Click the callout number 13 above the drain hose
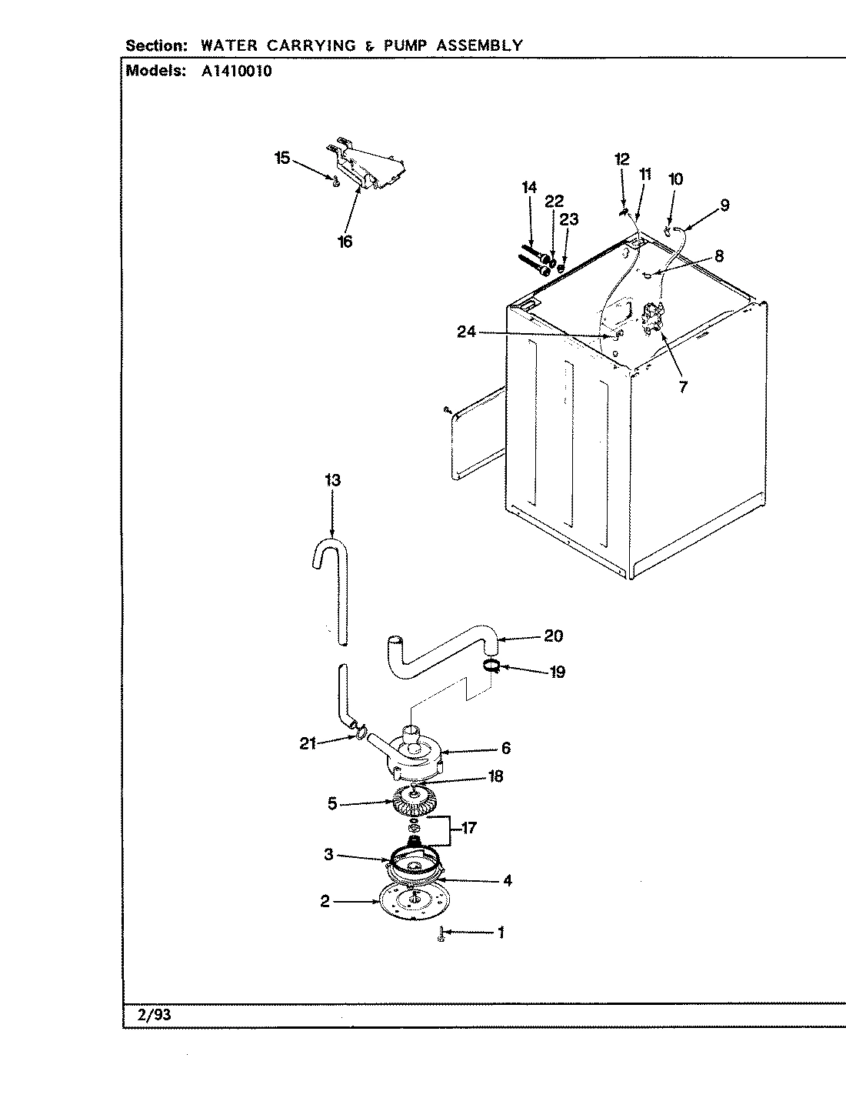[332, 480]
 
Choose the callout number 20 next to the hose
[553, 636]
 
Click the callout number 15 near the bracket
[282, 158]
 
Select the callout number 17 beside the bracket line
[468, 828]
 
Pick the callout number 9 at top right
[724, 205]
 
